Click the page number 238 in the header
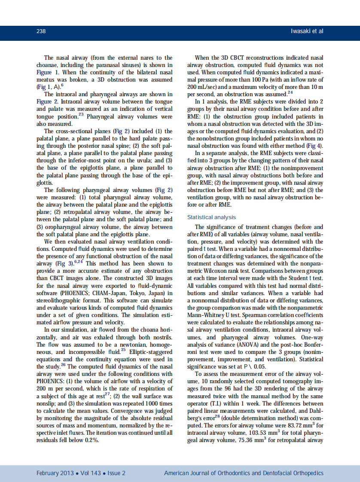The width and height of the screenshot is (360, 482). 41,31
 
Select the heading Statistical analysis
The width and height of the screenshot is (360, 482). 211,217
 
